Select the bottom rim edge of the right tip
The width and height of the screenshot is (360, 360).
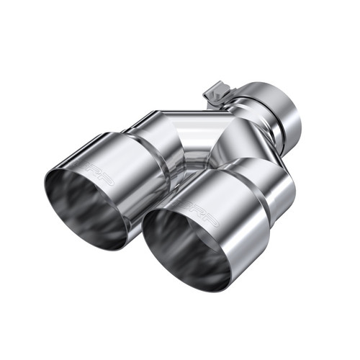click(191, 289)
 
